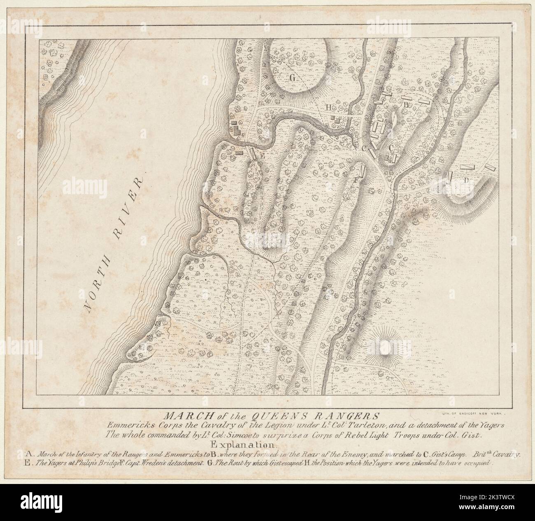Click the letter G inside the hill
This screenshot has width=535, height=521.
pyautogui.click(x=293, y=78)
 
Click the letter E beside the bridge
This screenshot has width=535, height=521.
pyautogui.click(x=261, y=156)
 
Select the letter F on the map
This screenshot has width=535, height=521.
pyautogui.click(x=357, y=180)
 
